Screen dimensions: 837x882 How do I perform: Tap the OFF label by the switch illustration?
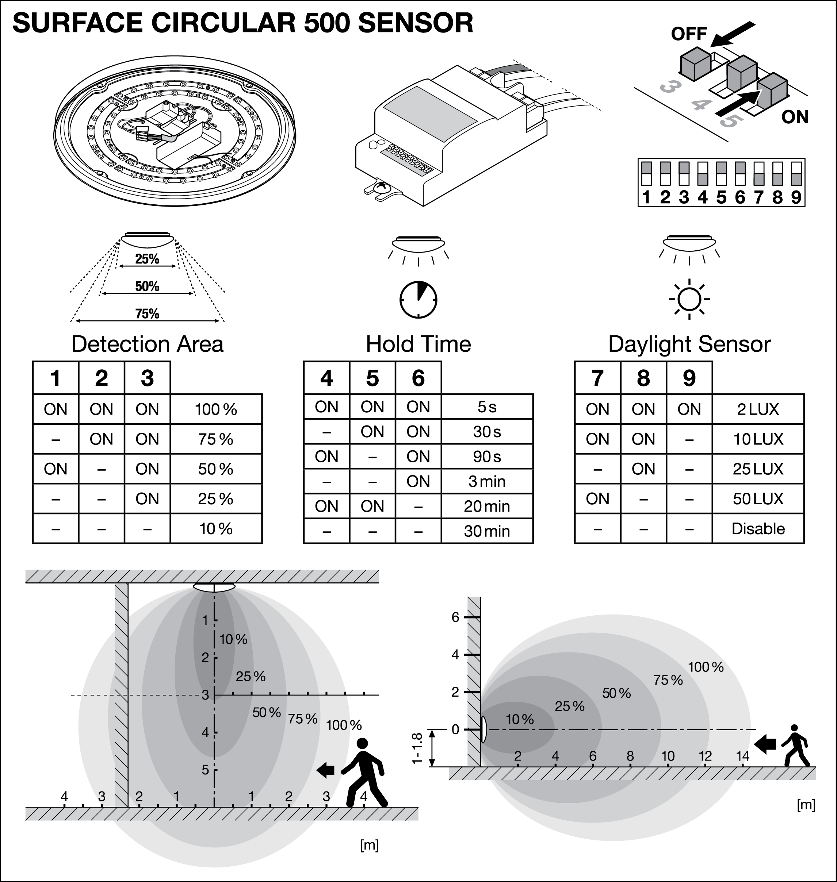pyautogui.click(x=689, y=34)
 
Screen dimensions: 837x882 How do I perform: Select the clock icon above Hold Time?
pyautogui.click(x=418, y=299)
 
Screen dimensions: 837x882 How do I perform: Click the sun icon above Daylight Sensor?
pyautogui.click(x=689, y=299)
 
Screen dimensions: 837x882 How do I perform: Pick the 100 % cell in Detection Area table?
pyautogui.click(x=216, y=409)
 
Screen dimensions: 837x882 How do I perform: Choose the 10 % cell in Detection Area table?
pyautogui.click(x=216, y=528)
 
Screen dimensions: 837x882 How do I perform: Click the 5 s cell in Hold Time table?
pyautogui.click(x=487, y=407)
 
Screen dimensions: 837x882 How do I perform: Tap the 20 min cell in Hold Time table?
pyautogui.click(x=487, y=506)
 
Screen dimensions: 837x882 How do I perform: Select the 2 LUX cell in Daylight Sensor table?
pyautogui.click(x=758, y=409)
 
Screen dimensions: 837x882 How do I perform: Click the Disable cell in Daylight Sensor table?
pyautogui.click(x=758, y=528)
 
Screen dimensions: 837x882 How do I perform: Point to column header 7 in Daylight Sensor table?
pyautogui.click(x=597, y=378)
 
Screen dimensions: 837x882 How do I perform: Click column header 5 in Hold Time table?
pyautogui.click(x=372, y=378)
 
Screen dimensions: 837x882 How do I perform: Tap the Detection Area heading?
pyautogui.click(x=147, y=344)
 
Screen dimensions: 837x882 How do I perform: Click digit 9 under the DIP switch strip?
pyautogui.click(x=796, y=197)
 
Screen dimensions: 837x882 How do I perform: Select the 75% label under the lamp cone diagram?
pyautogui.click(x=147, y=313)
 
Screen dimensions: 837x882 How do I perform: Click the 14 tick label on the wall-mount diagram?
pyautogui.click(x=742, y=756)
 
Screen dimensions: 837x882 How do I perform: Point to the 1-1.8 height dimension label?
pyautogui.click(x=417, y=748)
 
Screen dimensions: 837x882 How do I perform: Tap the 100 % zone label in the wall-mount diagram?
pyautogui.click(x=706, y=667)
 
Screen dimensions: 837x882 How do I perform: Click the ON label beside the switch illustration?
pyautogui.click(x=795, y=117)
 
